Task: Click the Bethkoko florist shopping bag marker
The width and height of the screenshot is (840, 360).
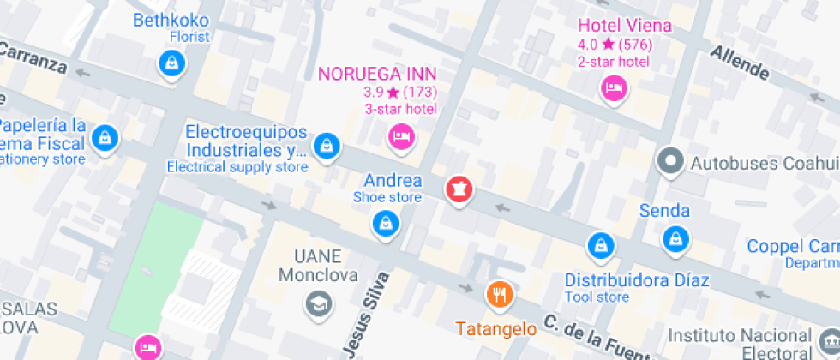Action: (x=172, y=63)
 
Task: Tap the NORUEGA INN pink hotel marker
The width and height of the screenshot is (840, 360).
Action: (x=400, y=135)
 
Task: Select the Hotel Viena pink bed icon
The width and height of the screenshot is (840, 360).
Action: (x=614, y=87)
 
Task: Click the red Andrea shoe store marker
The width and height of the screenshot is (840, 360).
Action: (x=458, y=189)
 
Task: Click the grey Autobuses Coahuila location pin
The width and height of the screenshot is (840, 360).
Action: (x=670, y=160)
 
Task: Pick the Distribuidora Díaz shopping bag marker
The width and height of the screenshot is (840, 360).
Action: (x=600, y=247)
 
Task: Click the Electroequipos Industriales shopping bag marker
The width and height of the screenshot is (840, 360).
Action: (x=325, y=147)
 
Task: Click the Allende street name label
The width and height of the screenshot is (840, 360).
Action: (x=739, y=63)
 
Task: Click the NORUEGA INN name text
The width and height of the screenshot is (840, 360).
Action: (x=377, y=74)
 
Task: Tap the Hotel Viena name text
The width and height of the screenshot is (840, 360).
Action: (x=625, y=26)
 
